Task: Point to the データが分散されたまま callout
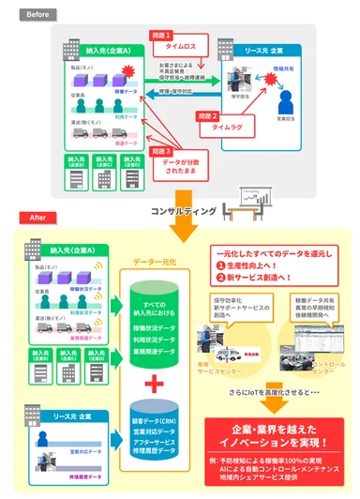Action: [179, 167]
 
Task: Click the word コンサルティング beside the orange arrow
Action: [194, 208]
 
